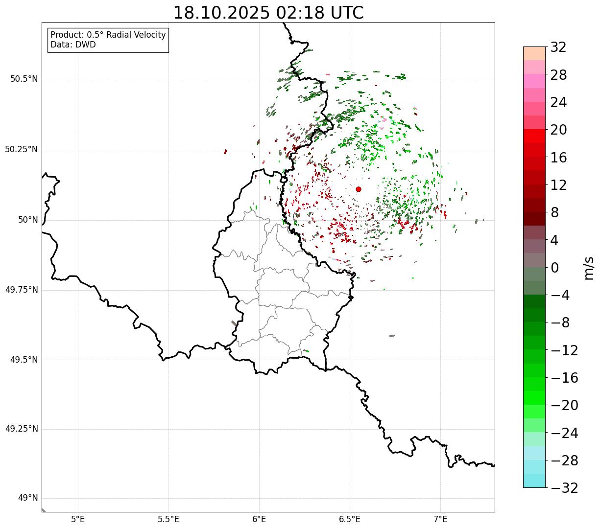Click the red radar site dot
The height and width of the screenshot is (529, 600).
point(359,189)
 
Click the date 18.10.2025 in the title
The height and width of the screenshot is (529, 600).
point(221,13)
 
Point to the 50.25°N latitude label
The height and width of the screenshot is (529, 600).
point(22,149)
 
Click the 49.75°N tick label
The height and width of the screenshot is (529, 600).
point(22,290)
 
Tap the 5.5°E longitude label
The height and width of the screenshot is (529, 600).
point(168,519)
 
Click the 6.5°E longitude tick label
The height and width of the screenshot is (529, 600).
point(350,519)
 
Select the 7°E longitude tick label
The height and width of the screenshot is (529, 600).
point(440,519)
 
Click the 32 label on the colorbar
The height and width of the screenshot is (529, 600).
point(558,47)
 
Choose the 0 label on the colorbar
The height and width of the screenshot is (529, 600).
point(555,268)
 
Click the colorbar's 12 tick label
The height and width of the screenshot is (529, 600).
point(558,185)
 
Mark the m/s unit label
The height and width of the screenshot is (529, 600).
point(589,268)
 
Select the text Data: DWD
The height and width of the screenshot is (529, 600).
point(73,45)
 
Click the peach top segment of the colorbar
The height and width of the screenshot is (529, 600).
point(534,53)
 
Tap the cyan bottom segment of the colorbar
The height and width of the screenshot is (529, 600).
point(534,481)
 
